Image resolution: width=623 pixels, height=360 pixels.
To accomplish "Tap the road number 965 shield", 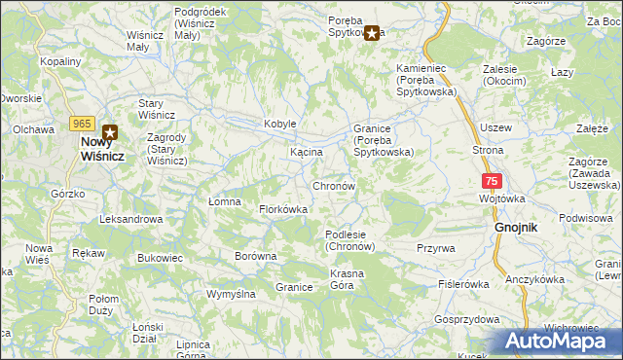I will click(81, 124).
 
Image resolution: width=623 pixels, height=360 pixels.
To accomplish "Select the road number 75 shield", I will click(492, 181).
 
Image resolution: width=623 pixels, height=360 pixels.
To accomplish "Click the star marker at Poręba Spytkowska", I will click(372, 34).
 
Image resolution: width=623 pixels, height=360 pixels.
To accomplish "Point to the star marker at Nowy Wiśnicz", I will click(111, 133).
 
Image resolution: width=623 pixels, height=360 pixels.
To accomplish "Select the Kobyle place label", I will click(279, 125).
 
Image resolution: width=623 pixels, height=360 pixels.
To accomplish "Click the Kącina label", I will click(307, 154).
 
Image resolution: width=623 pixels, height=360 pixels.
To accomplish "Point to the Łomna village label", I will click(224, 201).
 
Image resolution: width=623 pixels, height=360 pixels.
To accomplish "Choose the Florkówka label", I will click(283, 209).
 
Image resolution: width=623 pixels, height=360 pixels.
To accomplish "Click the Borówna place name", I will click(256, 257).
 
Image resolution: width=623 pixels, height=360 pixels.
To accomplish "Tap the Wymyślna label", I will click(231, 294).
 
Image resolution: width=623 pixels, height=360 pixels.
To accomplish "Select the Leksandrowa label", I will click(130, 220).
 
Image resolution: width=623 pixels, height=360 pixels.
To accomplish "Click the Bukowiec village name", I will click(161, 258).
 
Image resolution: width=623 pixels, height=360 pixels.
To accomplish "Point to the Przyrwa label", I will click(435, 248).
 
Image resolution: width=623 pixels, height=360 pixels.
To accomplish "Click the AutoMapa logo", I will click(560, 342).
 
